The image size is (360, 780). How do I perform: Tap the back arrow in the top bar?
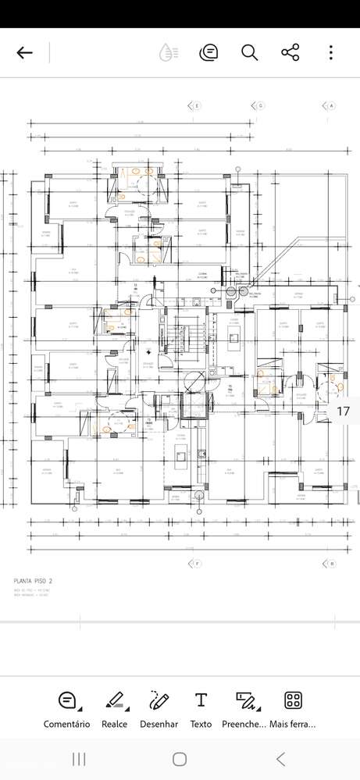click(25, 53)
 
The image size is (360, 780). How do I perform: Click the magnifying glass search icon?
click(249, 53)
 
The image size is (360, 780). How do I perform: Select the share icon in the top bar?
click(290, 53)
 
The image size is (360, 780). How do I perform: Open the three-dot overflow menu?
click(331, 53)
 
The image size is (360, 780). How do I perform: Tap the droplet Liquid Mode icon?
click(168, 53)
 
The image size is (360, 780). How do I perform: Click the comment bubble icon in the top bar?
click(209, 53)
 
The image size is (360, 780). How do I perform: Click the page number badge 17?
click(343, 411)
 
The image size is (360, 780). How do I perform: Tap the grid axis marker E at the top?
click(195, 105)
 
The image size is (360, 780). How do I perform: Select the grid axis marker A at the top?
click(330, 105)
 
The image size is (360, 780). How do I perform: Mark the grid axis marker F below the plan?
click(196, 563)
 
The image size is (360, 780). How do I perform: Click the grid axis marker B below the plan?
click(331, 563)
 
